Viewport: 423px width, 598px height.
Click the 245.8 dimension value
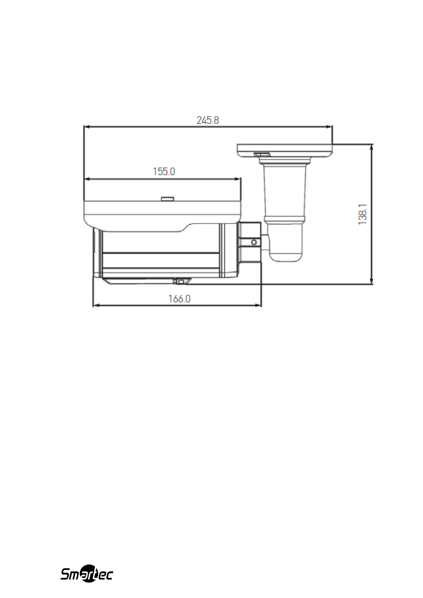(208, 120)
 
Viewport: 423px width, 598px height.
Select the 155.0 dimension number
(164, 171)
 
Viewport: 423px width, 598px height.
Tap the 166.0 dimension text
(179, 299)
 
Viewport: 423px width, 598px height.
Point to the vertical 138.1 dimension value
(363, 214)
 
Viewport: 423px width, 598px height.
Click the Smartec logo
(87, 573)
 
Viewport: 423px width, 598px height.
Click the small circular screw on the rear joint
(254, 242)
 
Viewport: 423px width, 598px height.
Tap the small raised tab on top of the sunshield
(168, 198)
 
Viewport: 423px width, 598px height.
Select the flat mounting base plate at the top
(285, 151)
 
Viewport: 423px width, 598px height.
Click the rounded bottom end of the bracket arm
(286, 256)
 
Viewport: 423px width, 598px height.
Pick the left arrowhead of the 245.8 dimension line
(86, 127)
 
